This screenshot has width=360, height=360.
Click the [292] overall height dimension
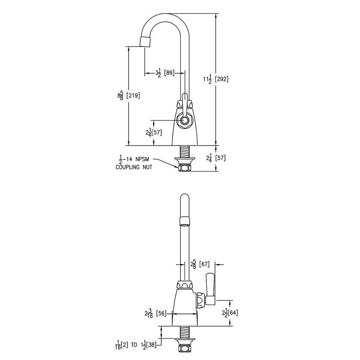point(221,79)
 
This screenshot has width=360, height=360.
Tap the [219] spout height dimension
point(133,95)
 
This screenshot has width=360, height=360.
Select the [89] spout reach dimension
point(170,73)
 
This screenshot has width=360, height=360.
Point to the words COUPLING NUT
point(134,167)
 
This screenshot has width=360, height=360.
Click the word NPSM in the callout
point(141,159)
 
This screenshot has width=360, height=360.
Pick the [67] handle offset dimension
point(204,264)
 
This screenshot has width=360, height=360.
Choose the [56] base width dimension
point(161,314)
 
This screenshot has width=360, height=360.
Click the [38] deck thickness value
point(151,345)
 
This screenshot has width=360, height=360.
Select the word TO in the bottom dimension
point(134,345)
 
